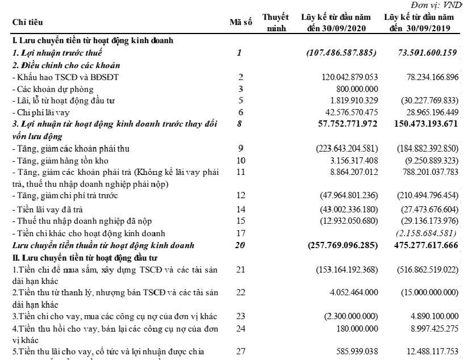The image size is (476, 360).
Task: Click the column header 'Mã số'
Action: [x=240, y=22]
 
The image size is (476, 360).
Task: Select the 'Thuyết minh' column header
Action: [x=276, y=23]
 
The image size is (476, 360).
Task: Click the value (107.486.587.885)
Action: [x=341, y=53]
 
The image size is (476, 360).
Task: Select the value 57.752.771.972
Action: [x=341, y=124]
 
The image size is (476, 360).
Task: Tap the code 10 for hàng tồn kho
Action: [x=240, y=161]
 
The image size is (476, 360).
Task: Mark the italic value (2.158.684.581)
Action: [x=427, y=233]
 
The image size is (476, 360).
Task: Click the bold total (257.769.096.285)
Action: [x=342, y=246]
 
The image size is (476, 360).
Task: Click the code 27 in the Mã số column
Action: [x=240, y=351]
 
